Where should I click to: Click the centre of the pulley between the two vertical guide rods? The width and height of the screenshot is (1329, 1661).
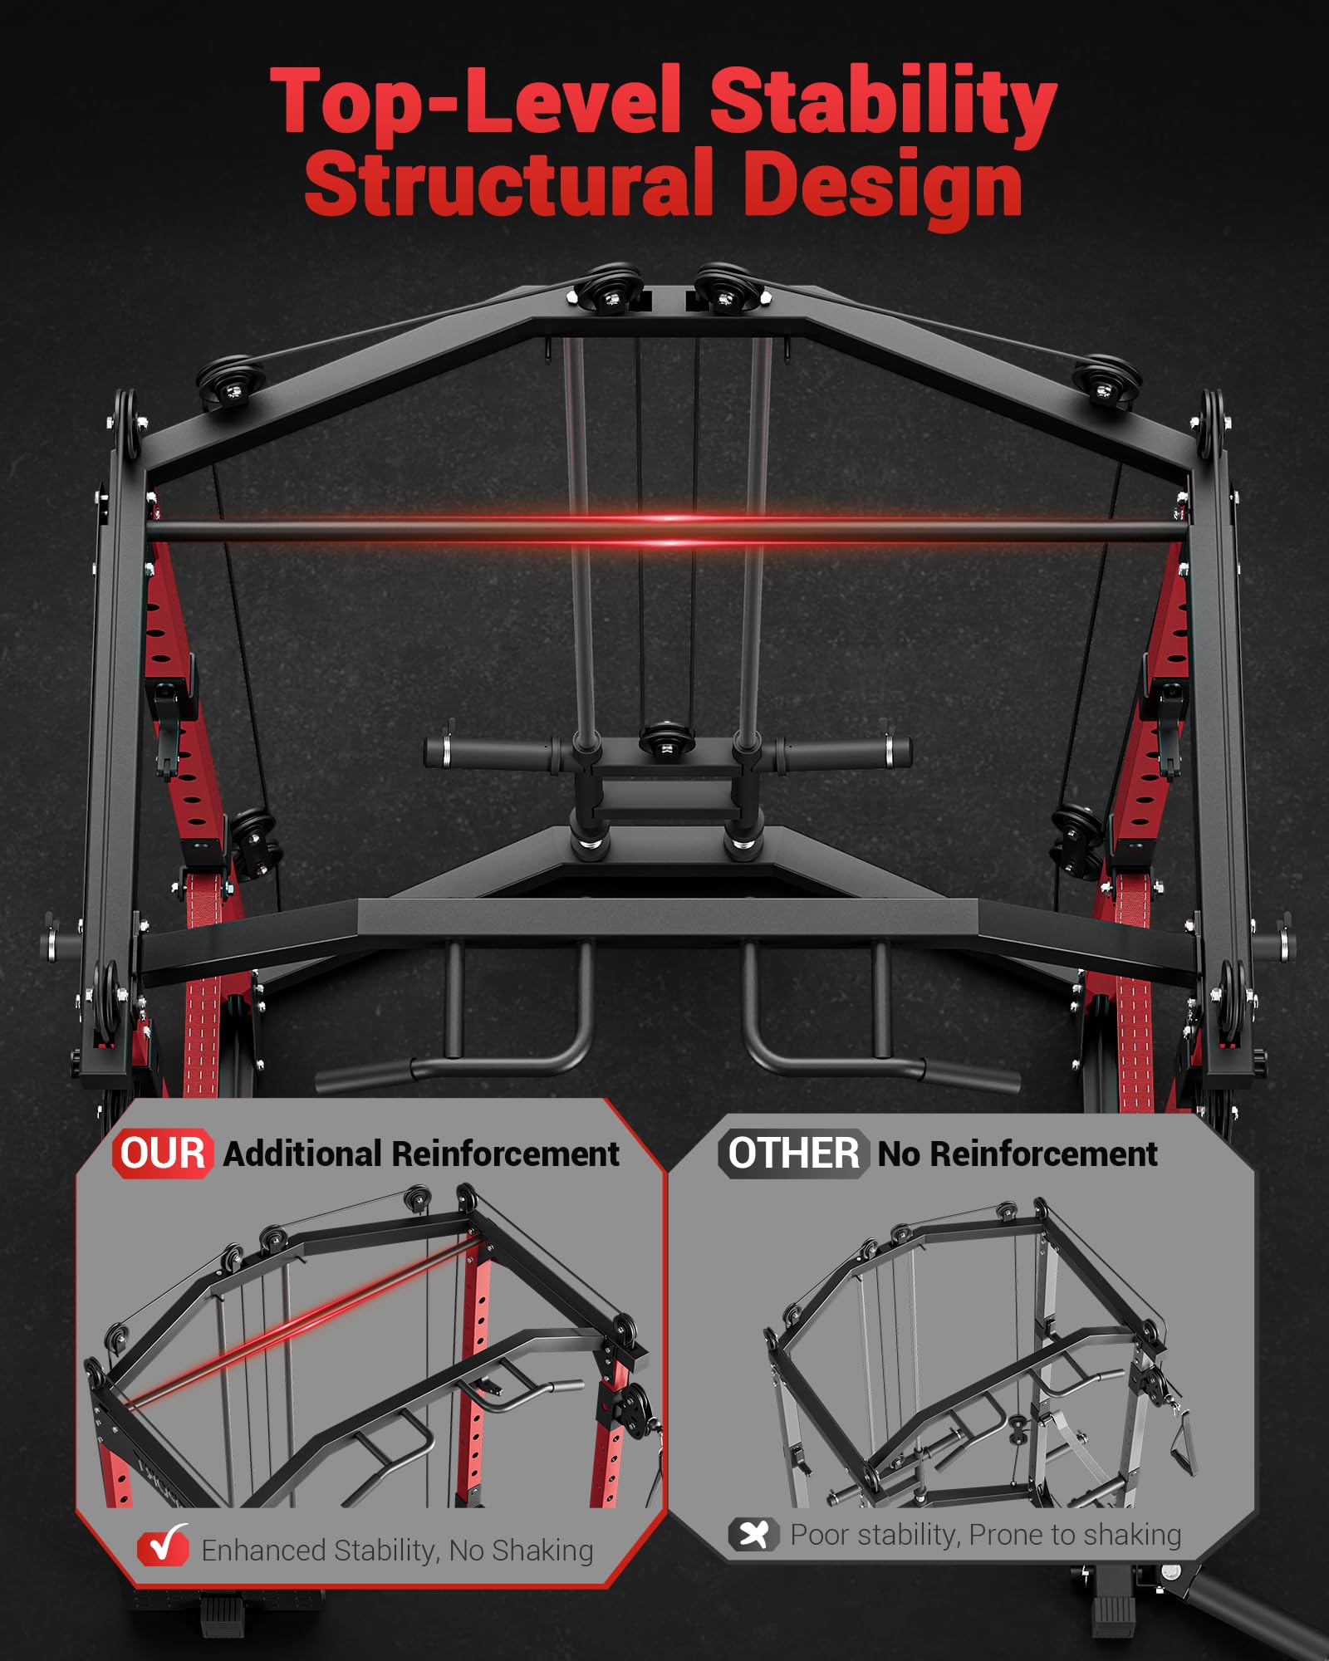tap(667, 741)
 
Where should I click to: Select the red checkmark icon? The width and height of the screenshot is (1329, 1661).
tap(163, 1546)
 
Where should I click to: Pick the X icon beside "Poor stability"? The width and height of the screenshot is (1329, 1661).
tap(754, 1534)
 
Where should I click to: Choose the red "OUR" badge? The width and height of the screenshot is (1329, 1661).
tap(163, 1154)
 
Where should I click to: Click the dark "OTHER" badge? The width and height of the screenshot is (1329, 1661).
tap(793, 1154)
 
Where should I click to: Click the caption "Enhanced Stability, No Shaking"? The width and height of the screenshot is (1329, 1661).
tap(397, 1551)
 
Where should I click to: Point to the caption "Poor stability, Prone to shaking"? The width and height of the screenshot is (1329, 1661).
tap(986, 1535)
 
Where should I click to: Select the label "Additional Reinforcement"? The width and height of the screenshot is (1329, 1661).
tap(421, 1154)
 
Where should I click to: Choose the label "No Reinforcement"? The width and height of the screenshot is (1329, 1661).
tap(1018, 1154)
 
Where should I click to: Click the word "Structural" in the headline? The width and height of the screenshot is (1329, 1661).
tap(509, 184)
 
